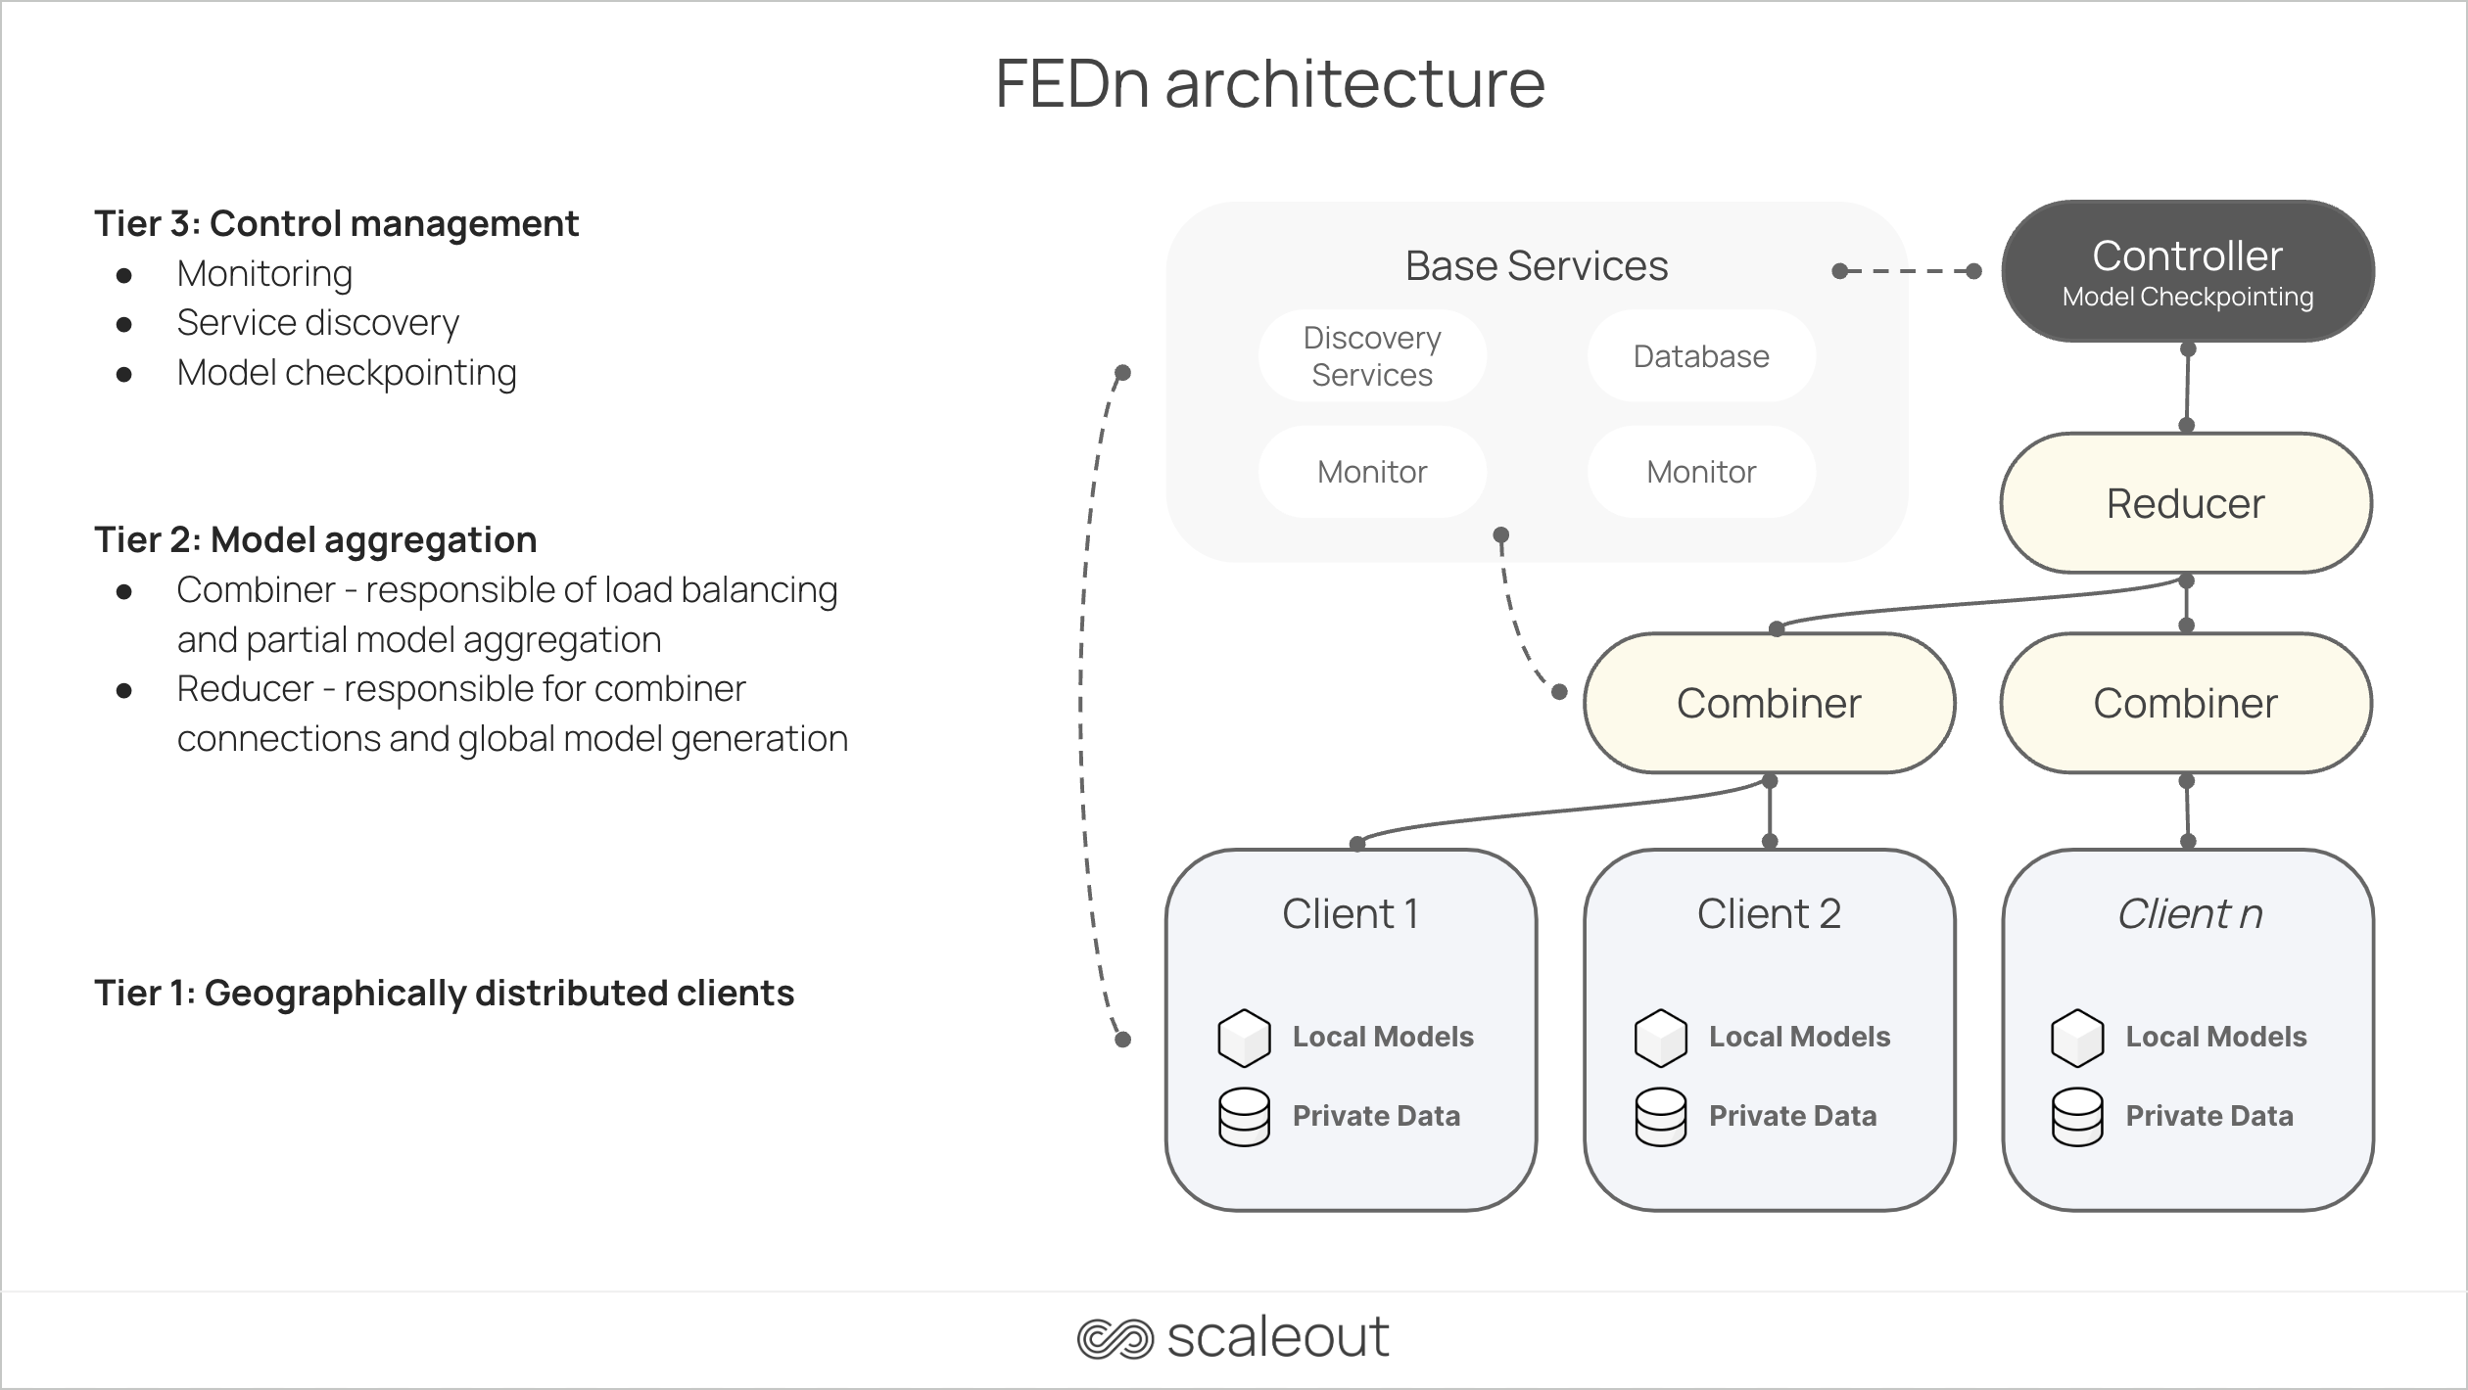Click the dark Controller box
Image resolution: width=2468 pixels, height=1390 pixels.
pyautogui.click(x=2187, y=271)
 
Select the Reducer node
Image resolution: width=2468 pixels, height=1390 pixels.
pyautogui.click(x=2185, y=503)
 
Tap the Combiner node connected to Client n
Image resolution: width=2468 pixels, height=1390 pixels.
pyautogui.click(x=2185, y=703)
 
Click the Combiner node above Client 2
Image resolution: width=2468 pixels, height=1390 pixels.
pyautogui.click(x=1769, y=703)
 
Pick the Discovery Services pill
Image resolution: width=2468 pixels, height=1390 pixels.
pyautogui.click(x=1371, y=356)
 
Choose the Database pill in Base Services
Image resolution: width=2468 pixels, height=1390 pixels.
pyautogui.click(x=1701, y=356)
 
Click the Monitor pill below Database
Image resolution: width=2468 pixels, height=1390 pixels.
pyautogui.click(x=1701, y=472)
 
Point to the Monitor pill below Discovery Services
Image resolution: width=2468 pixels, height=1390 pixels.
pyautogui.click(x=1371, y=472)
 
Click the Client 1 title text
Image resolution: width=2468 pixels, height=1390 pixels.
pyautogui.click(x=1350, y=913)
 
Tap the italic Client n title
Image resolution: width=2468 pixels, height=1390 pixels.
pyautogui.click(x=2189, y=913)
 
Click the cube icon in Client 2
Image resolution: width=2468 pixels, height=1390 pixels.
pyautogui.click(x=1660, y=1038)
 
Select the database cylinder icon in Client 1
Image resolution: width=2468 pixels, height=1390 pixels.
pyautogui.click(x=1244, y=1117)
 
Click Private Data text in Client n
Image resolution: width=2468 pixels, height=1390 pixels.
pyautogui.click(x=2208, y=1116)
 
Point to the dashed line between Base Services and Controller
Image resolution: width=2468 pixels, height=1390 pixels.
pyautogui.click(x=1907, y=271)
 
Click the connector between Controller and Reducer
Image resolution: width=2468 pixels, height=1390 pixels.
pyautogui.click(x=2187, y=388)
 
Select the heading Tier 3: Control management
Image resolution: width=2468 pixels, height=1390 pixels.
pyautogui.click(x=336, y=223)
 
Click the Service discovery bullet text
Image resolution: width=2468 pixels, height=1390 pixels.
pyautogui.click(x=317, y=323)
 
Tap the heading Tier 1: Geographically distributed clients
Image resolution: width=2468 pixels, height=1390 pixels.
pyautogui.click(x=444, y=993)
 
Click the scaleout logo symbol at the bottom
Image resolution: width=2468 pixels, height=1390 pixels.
pyautogui.click(x=1115, y=1338)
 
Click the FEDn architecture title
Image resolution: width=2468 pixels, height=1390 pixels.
pyautogui.click(x=1269, y=83)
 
